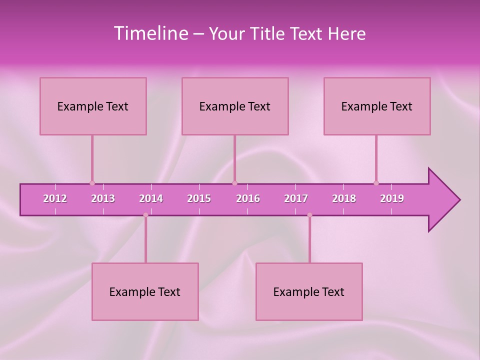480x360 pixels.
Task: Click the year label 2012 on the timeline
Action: (x=55, y=198)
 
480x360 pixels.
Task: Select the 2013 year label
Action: (x=103, y=198)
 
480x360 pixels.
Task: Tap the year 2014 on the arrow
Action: (x=151, y=198)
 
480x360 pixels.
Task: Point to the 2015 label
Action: (x=199, y=198)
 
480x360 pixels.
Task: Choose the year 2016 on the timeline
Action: (x=248, y=198)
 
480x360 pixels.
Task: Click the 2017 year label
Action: (x=296, y=198)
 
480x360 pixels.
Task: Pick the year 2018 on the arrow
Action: (x=344, y=198)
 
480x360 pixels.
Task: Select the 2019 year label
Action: (x=392, y=198)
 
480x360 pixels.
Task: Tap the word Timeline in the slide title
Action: (x=150, y=33)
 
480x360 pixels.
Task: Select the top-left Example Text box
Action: (x=93, y=106)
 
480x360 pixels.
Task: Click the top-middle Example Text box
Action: (x=235, y=106)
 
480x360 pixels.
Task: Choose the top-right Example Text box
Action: (x=377, y=106)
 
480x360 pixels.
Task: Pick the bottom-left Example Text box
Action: (x=145, y=291)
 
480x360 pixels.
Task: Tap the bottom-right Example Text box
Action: (x=309, y=291)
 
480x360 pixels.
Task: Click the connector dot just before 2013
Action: (x=92, y=183)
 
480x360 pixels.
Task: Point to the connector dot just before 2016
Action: (x=234, y=183)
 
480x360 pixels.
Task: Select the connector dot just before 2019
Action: (x=376, y=183)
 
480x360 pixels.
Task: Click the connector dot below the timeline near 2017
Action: (x=309, y=215)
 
